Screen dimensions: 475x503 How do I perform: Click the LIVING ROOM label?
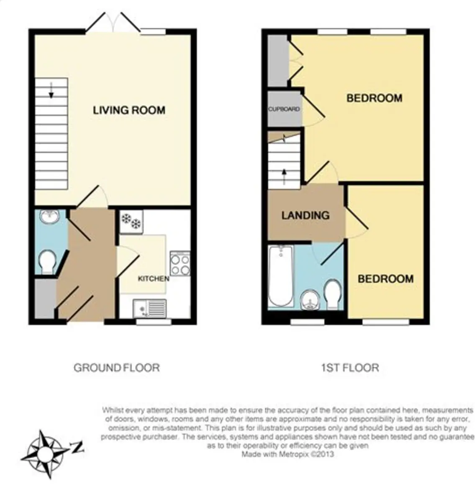pos(129,110)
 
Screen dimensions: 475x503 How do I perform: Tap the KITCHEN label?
pos(153,279)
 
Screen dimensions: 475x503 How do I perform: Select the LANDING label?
pos(306,215)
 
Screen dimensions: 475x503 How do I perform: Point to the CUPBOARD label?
pos(284,109)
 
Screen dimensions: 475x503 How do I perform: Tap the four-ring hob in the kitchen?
pos(180,263)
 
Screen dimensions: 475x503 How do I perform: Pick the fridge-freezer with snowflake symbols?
pos(131,222)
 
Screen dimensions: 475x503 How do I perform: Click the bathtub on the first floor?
pos(280,277)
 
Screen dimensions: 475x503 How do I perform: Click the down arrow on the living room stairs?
pos(51,90)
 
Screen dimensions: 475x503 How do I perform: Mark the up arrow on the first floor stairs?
pos(284,177)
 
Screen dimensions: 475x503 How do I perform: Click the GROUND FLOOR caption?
pos(116,368)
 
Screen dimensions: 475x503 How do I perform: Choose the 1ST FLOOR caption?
pos(350,368)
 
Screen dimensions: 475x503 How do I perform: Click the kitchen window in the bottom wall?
pos(154,322)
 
